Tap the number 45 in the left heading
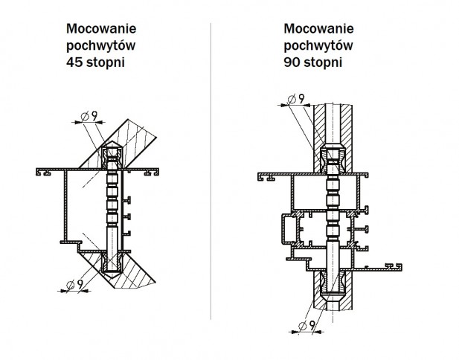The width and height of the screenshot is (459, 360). coord(74,63)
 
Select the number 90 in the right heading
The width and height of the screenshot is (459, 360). coord(292,63)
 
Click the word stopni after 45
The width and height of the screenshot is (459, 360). coord(103,63)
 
